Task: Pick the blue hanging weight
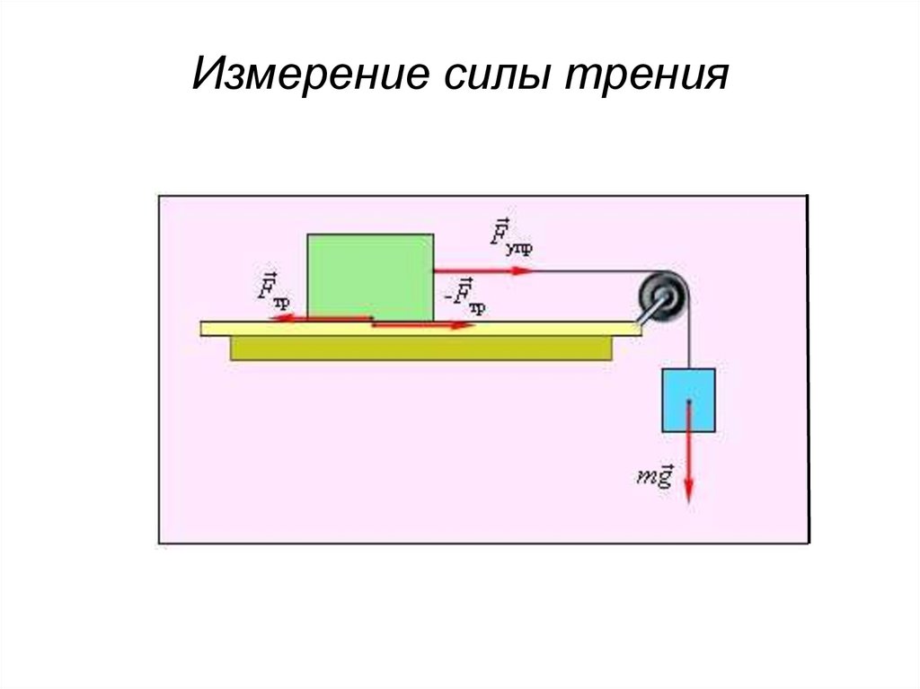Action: (688, 398)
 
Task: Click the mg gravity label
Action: (654, 476)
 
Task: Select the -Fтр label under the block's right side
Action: (464, 296)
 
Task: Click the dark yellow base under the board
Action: (422, 349)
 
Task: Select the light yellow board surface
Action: (539, 328)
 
